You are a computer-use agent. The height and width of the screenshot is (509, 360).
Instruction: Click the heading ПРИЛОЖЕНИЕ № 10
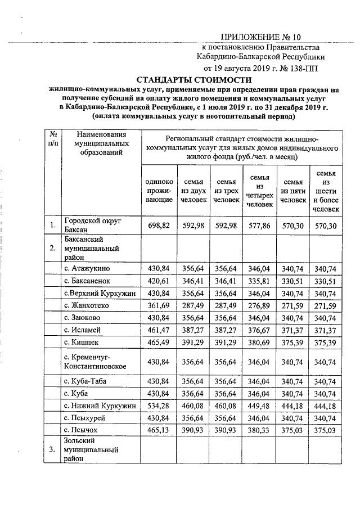260,38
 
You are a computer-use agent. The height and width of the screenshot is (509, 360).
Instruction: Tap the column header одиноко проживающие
159,191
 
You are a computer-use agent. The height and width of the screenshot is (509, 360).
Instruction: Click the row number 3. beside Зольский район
52,450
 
